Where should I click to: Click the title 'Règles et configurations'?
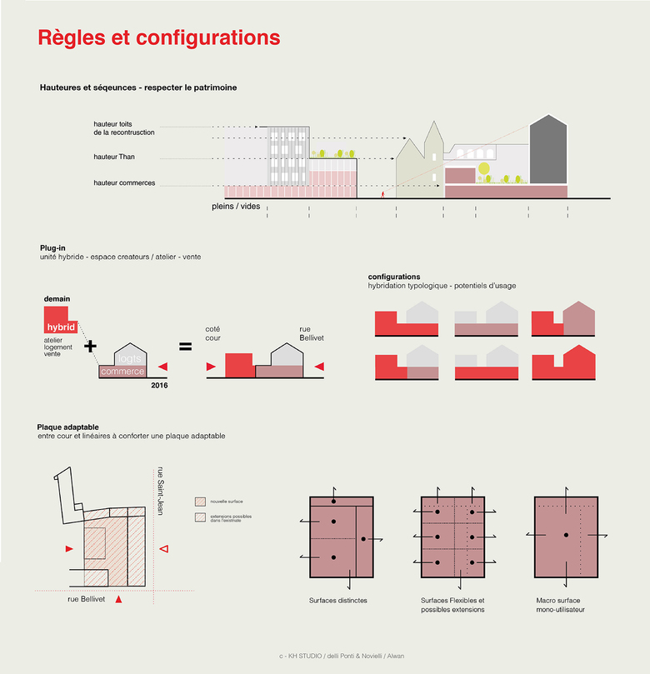click(x=159, y=38)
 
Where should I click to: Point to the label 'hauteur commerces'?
click(x=124, y=182)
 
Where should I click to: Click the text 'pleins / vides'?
click(x=236, y=205)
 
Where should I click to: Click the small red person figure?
click(x=382, y=194)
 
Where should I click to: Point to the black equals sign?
click(x=186, y=345)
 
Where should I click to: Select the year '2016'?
click(x=159, y=385)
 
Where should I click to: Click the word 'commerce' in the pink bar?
click(x=122, y=371)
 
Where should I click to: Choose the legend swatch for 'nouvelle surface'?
click(x=199, y=502)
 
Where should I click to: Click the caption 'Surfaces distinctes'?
click(x=337, y=600)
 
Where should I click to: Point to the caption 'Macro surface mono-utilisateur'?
click(x=562, y=604)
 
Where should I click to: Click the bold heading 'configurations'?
click(x=394, y=277)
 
